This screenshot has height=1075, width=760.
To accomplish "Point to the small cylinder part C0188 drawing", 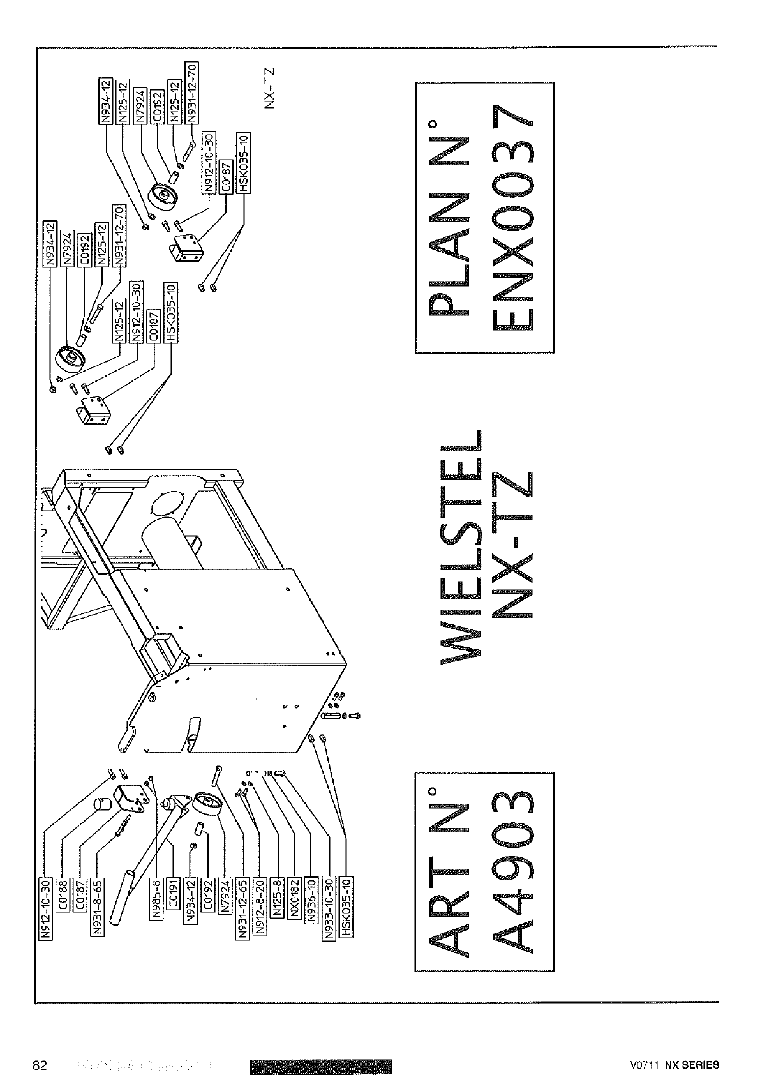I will [x=101, y=804].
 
